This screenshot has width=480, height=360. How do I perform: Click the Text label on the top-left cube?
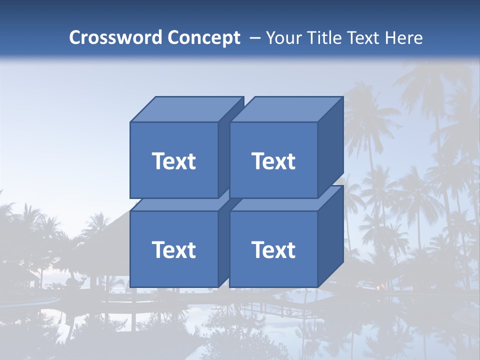pyautogui.click(x=173, y=161)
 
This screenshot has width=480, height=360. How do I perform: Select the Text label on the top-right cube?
pyautogui.click(x=273, y=161)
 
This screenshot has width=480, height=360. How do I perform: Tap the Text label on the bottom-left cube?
pyautogui.click(x=173, y=249)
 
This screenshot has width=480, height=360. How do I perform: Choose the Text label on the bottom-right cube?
pyautogui.click(x=273, y=249)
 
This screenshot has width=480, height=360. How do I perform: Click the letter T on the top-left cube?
pyautogui.click(x=158, y=161)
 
